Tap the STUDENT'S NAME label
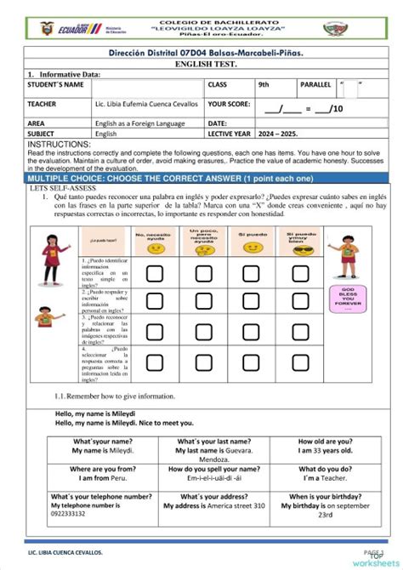tap(56, 85)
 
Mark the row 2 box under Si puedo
tap(251, 302)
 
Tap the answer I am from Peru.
tap(103, 478)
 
